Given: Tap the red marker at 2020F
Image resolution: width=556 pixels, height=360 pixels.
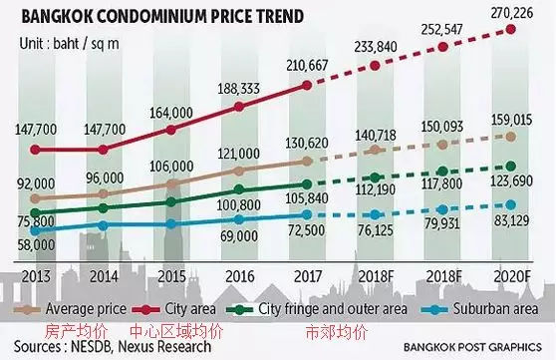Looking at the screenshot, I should (512, 30).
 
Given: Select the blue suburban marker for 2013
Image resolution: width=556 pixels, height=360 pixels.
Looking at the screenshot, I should (37, 229).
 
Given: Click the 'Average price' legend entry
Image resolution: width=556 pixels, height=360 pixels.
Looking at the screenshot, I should (86, 308).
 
